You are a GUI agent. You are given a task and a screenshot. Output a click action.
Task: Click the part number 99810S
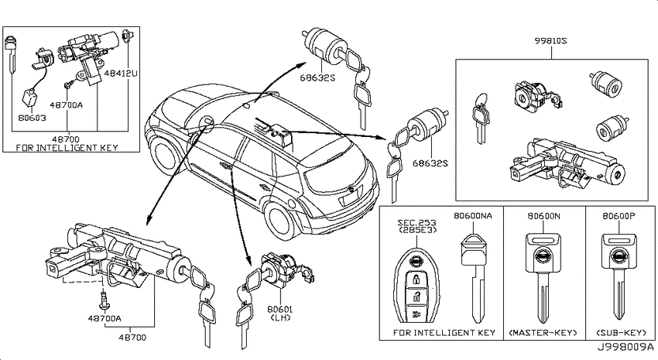[x=550, y=41]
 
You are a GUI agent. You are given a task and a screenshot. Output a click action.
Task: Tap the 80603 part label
[x=32, y=118]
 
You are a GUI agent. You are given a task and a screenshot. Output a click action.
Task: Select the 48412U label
[x=121, y=74]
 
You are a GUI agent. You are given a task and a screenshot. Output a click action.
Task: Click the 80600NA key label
[x=473, y=216]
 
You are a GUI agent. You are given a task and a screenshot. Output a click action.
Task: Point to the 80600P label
[x=619, y=216]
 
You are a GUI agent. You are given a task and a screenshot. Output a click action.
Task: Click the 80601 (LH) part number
[x=280, y=314]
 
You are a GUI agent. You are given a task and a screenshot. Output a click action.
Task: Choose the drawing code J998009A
[x=625, y=348]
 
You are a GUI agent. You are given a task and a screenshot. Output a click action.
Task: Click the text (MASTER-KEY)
[x=543, y=333]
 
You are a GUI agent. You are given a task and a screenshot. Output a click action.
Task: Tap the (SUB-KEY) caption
[x=622, y=333]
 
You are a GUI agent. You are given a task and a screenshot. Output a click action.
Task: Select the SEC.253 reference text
[x=417, y=223]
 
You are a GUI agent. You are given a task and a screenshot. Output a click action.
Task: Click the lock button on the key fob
[x=416, y=279]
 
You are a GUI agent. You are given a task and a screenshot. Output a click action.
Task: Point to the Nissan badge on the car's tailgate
[x=351, y=191]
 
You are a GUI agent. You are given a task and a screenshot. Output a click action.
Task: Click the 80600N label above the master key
[x=543, y=216]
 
